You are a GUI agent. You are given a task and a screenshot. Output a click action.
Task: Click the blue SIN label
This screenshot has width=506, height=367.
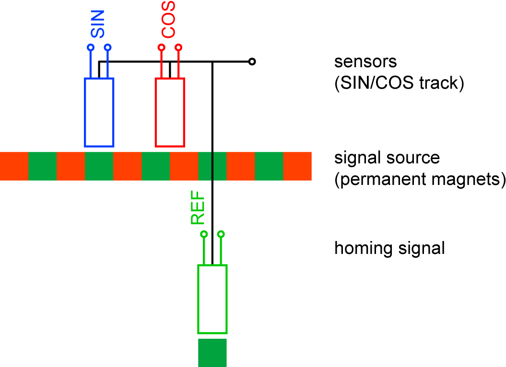pos(98,25)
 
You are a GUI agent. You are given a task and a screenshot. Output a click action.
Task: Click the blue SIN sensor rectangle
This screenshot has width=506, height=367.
pos(99,112)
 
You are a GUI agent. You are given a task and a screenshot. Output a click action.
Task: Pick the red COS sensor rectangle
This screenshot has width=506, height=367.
pos(170,112)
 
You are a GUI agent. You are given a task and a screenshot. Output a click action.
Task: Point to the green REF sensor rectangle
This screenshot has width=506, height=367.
pos(212,299)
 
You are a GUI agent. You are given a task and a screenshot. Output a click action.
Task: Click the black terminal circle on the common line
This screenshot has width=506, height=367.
pos(252,62)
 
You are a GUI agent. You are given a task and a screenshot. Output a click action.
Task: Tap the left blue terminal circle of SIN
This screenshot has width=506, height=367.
pos(90,47)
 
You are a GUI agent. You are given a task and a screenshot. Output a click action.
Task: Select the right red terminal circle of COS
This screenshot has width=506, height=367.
pos(178,47)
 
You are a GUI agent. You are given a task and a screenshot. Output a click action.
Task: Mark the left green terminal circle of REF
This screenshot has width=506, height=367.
pos(204,234)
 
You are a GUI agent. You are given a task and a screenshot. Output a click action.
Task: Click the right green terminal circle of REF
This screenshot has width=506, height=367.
pos(221,234)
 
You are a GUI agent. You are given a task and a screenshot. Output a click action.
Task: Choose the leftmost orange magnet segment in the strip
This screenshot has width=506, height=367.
pos(14,166)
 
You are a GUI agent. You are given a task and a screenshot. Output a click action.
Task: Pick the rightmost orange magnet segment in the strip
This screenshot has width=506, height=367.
pos(297,166)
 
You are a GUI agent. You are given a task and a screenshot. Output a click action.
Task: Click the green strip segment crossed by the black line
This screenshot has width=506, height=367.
pos(212,166)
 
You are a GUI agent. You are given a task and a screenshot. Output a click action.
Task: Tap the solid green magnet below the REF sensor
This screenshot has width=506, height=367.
pos(212,353)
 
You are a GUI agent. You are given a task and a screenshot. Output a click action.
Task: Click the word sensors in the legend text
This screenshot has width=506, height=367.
pos(366,62)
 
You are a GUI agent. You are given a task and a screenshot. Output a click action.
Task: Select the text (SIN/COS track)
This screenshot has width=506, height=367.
pos(399,83)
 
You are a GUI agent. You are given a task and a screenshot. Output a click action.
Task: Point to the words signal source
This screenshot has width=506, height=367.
pos(387,158)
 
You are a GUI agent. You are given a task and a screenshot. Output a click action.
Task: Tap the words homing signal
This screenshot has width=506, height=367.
pos(389,249)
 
